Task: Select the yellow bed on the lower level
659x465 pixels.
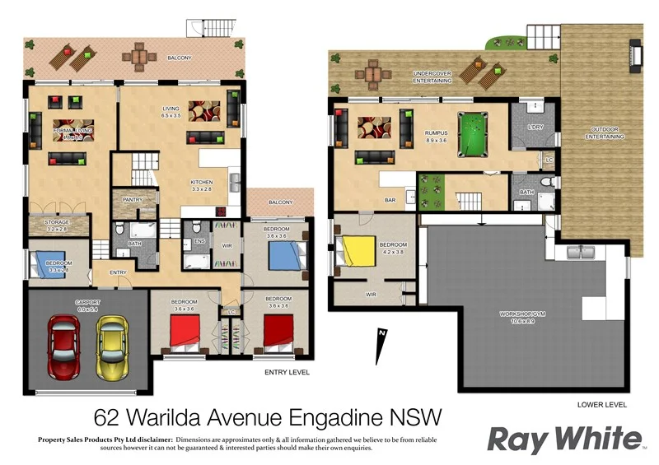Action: (356, 249)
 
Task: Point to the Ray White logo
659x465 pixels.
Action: (563, 438)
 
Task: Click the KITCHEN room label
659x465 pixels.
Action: (202, 182)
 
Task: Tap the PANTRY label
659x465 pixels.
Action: (133, 199)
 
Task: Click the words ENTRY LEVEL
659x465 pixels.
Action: (287, 372)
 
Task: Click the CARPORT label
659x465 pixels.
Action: (87, 302)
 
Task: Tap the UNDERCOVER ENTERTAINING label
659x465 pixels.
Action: (432, 77)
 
